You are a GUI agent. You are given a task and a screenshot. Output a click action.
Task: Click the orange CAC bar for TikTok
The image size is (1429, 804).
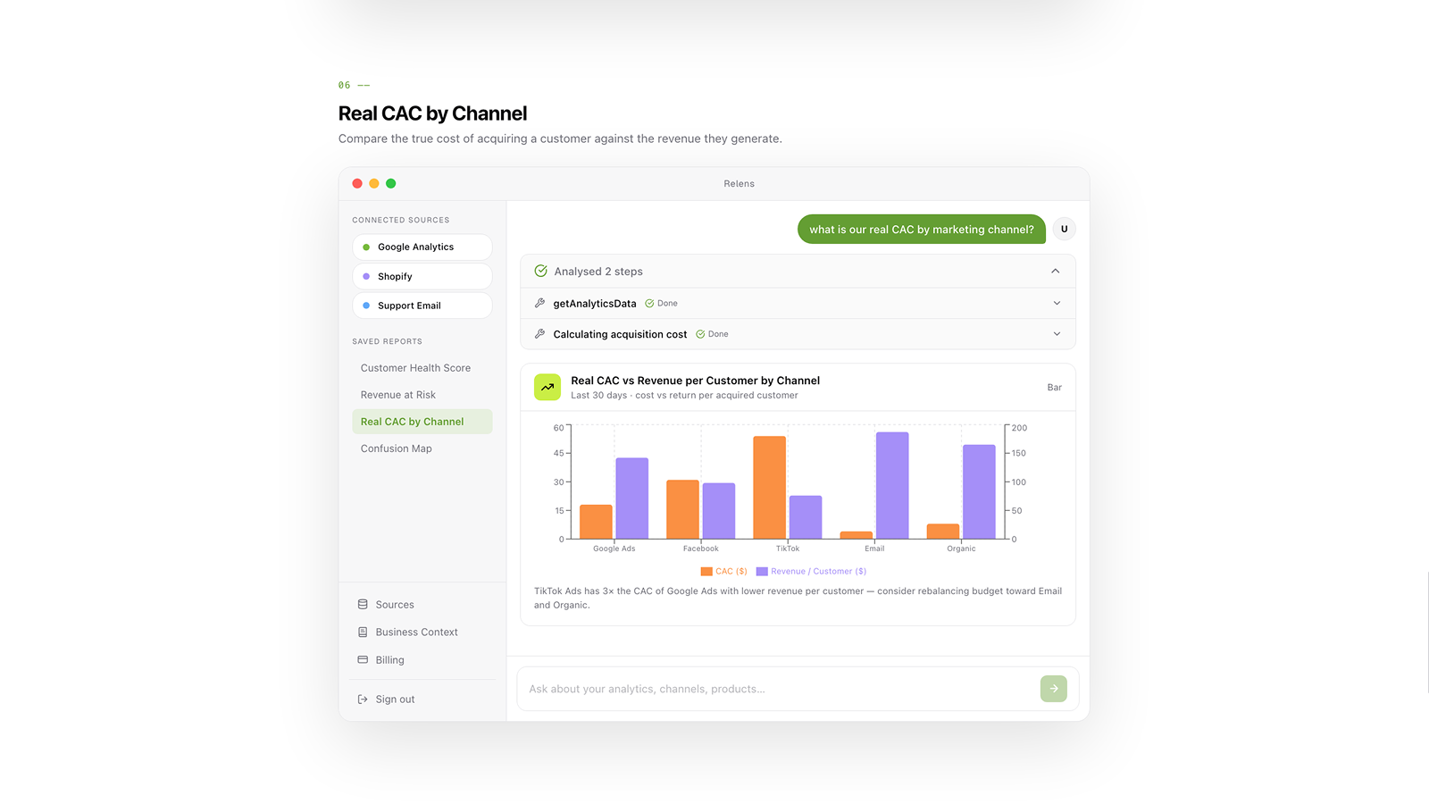point(769,488)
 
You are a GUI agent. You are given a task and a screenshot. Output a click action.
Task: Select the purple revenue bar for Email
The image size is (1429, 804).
point(892,486)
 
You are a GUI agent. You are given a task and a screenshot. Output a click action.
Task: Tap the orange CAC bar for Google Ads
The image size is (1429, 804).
point(596,522)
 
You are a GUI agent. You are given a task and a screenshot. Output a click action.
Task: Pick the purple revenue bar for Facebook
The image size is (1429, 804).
point(719,511)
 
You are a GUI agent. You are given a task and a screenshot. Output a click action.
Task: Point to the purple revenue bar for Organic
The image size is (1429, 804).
point(979,492)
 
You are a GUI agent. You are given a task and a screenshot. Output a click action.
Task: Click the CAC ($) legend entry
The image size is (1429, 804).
point(724,571)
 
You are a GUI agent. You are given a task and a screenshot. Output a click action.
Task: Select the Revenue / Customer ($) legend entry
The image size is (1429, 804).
point(812,571)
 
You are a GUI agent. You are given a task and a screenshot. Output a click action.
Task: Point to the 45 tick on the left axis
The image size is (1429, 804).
point(559,453)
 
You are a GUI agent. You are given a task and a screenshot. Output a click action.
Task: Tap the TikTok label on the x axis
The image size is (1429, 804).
point(787,549)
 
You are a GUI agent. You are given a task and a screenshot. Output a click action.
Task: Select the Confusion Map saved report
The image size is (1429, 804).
point(397,448)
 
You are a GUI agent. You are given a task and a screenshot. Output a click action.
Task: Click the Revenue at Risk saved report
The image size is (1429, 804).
point(398,395)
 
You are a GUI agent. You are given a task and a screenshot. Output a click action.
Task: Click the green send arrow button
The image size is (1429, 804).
point(1053,689)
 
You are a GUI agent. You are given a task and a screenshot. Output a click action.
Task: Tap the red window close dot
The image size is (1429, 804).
point(357,184)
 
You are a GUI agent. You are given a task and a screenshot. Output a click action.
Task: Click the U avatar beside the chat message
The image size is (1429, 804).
point(1064,229)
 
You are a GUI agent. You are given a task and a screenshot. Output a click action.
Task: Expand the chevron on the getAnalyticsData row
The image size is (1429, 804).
point(1057,303)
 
